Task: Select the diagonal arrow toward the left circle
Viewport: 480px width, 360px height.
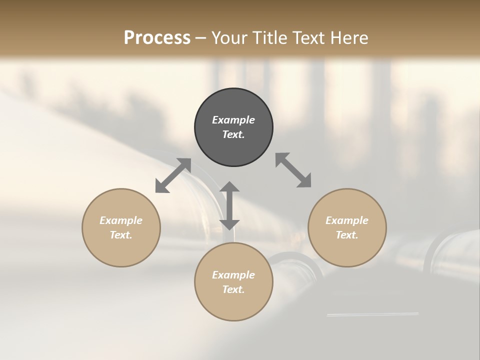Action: (x=173, y=175)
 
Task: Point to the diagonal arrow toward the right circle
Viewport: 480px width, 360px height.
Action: (x=293, y=170)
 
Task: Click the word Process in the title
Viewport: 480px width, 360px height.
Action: (x=157, y=37)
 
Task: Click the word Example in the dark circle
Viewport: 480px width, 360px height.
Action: (x=233, y=120)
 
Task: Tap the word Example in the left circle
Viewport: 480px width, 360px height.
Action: (x=121, y=220)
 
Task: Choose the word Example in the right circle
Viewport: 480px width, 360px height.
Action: (x=347, y=220)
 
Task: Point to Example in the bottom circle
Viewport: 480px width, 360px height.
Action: (x=233, y=275)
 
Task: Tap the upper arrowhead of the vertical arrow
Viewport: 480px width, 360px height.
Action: (x=229, y=187)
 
